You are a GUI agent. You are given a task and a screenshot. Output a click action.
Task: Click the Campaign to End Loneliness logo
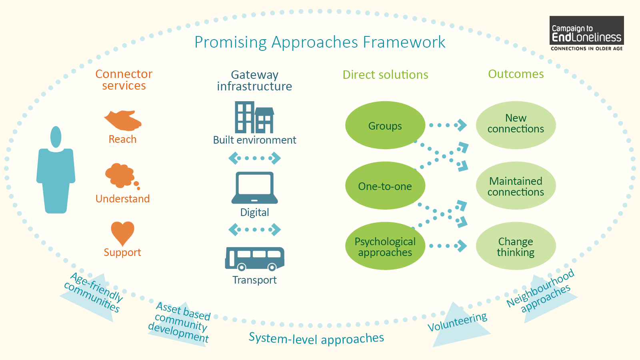tap(586, 34)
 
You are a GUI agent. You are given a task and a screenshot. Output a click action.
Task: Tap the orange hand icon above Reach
tap(123, 120)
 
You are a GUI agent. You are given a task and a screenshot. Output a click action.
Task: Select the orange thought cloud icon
tap(120, 176)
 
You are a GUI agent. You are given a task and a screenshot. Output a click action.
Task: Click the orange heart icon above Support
tap(122, 232)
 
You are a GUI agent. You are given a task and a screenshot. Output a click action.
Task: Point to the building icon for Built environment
tap(254, 117)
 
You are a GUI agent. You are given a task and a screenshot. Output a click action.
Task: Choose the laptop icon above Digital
tap(255, 188)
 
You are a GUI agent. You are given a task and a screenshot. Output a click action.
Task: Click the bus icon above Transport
tap(255, 258)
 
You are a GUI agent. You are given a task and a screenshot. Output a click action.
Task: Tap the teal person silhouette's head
tap(56, 137)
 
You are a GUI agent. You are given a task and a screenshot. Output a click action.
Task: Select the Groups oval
tap(385, 125)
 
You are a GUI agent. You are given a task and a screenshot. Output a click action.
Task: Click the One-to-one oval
tap(385, 186)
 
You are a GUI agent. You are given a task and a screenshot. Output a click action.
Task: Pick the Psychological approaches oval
tap(385, 246)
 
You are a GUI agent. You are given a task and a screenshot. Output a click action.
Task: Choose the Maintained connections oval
tap(516, 186)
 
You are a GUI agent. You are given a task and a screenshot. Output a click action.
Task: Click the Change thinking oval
tap(516, 246)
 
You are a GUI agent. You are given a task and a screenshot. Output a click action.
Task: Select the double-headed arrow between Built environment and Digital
tap(254, 158)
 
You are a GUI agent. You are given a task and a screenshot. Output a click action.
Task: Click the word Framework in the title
tap(404, 42)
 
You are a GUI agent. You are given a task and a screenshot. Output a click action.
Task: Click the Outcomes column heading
tap(516, 74)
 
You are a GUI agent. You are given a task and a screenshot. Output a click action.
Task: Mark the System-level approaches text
tap(316, 338)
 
